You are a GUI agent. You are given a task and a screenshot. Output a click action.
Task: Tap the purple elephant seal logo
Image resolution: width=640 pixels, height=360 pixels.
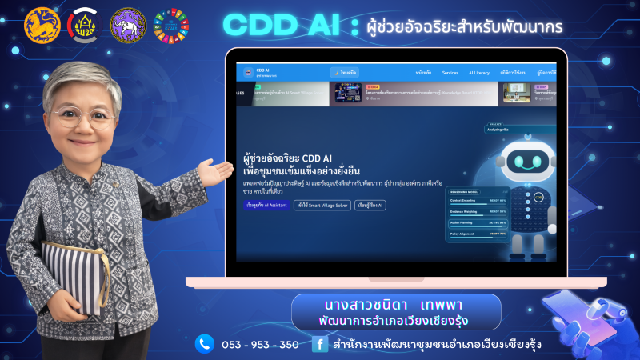(x=128, y=25)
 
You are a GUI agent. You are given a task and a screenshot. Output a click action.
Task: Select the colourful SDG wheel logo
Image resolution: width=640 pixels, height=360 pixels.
(x=170, y=25)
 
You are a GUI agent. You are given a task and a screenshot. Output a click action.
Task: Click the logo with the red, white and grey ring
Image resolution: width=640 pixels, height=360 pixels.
(x=84, y=25)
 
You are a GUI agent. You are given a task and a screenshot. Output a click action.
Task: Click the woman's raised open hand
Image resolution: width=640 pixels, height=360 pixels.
(x=214, y=170)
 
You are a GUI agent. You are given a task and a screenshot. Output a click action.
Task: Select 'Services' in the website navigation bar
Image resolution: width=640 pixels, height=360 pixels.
(x=450, y=72)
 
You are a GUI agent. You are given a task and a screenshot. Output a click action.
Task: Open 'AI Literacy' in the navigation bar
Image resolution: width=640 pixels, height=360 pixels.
(x=479, y=72)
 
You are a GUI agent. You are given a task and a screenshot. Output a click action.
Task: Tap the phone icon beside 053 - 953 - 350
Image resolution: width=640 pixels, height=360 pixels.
(x=205, y=344)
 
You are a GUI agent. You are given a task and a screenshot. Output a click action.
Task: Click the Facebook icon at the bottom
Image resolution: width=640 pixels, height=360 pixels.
(x=319, y=344)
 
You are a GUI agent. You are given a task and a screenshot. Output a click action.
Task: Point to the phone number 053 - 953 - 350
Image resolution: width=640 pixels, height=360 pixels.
(x=261, y=345)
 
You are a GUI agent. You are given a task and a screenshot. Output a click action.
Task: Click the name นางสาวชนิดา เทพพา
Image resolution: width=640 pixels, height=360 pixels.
(x=396, y=306)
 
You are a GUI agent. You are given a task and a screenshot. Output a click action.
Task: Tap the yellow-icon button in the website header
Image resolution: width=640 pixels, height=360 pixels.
(x=345, y=72)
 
